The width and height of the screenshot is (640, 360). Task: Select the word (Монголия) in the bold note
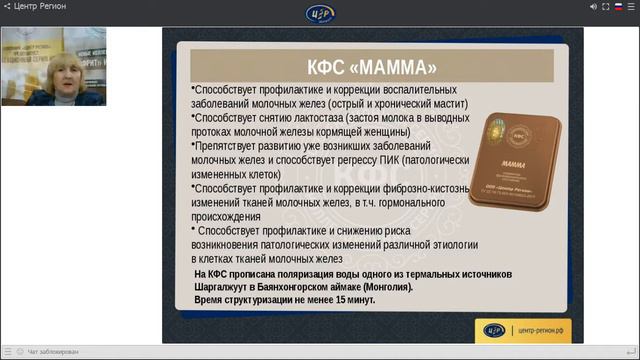coord(384,286)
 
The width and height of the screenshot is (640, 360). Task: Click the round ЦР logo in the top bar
coord(321,12)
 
